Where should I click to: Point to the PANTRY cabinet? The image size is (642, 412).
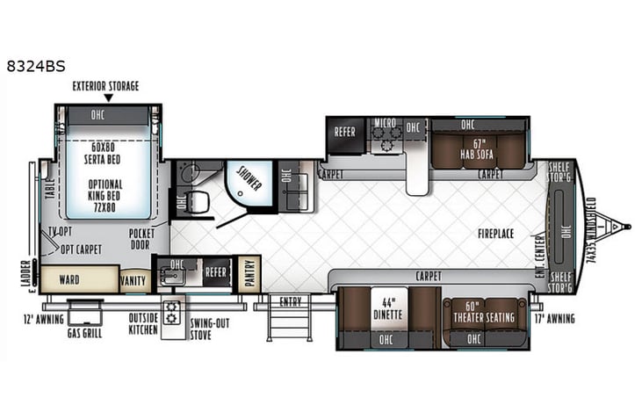click(249, 273)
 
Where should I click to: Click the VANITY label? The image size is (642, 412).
click(134, 280)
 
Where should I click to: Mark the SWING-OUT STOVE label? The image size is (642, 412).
click(212, 328)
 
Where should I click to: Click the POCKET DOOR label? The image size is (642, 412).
click(141, 238)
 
